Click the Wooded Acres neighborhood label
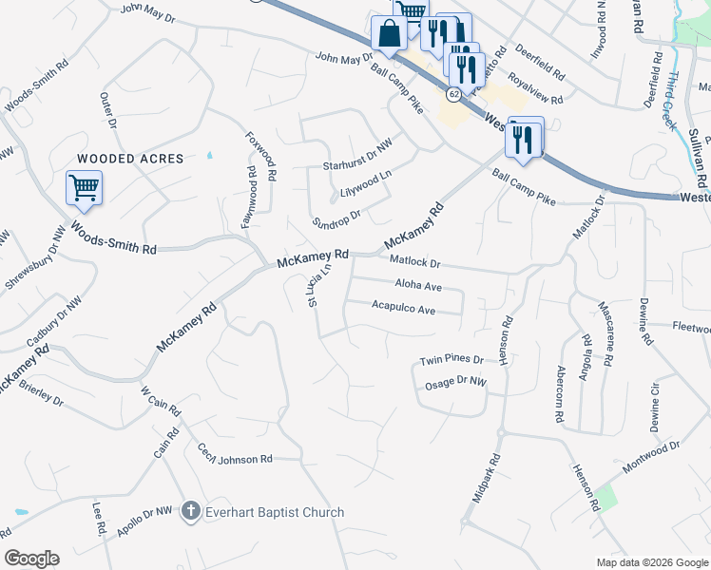coord(119,159)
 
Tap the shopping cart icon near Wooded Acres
coord(84,187)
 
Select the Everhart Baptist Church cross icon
coord(190,512)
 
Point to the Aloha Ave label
coord(418,285)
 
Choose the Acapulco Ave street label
coord(403,310)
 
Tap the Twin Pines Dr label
coord(452,361)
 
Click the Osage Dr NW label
coord(455,382)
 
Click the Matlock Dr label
coord(415,261)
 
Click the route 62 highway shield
coord(454,94)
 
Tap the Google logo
coord(31,559)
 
